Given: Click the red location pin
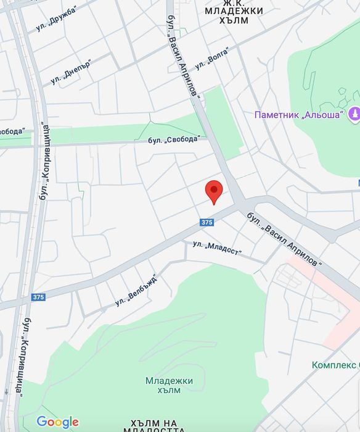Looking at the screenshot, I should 213,191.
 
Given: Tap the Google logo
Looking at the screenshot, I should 57,423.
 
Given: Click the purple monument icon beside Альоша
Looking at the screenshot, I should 354,114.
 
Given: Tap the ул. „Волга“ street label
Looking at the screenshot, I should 212,59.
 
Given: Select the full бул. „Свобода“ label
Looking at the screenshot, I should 174,139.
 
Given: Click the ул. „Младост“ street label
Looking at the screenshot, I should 217,248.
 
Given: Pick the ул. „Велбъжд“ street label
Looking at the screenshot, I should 136,290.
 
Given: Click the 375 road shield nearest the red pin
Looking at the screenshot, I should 207,222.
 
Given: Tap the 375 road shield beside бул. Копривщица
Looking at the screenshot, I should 38,297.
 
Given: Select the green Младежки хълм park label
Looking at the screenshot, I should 169,385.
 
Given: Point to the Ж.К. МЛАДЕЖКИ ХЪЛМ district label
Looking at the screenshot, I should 234,15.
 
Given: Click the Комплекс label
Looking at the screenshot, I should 335,365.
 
